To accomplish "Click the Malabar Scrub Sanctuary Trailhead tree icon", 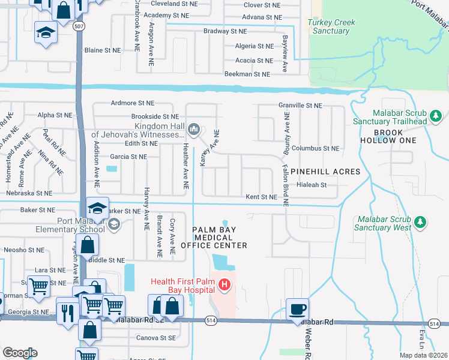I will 436,114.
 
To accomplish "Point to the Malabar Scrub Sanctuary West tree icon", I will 421,223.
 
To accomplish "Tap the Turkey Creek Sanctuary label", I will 331,26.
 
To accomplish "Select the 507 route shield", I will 78,27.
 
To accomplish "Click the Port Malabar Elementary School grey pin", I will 113,224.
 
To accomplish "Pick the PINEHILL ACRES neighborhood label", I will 325,172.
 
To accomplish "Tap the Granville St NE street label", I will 300,105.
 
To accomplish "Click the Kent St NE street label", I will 261,197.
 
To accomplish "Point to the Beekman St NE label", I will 247,74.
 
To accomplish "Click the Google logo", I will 20,353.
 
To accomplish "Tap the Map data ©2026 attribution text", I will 423,355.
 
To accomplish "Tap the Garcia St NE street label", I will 128,157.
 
